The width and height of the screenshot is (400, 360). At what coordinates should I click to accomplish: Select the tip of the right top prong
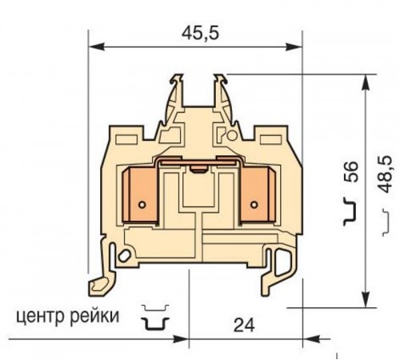coord(223,77)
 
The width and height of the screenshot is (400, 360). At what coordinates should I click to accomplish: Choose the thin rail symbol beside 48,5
coord(382,212)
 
